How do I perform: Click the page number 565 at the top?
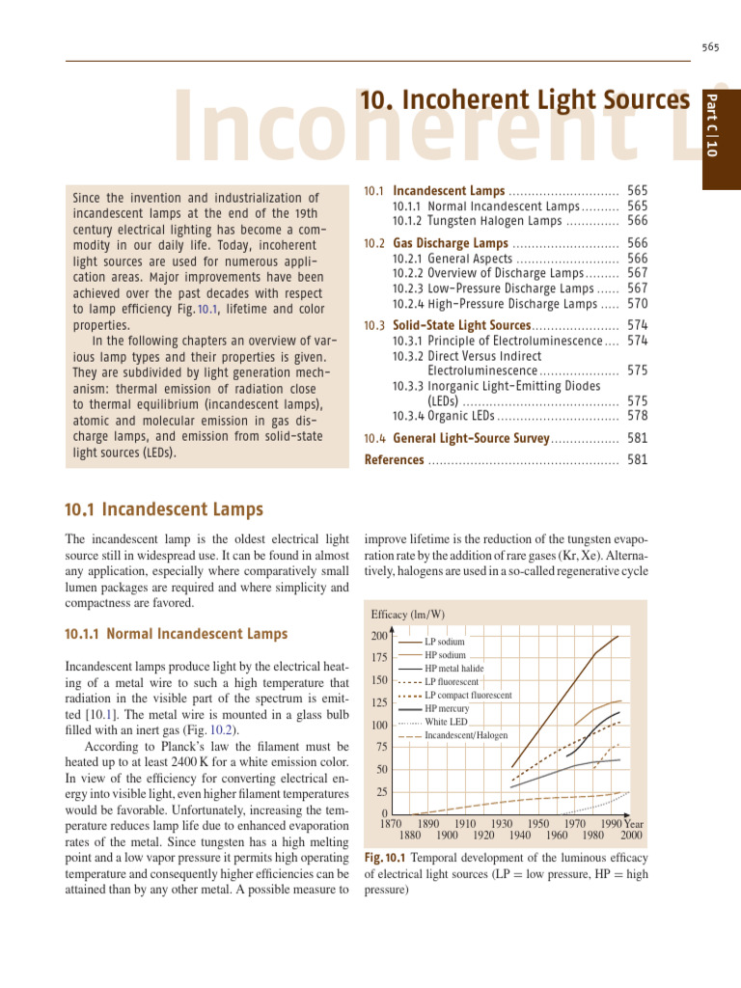click(711, 47)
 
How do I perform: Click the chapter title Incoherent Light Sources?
click(525, 100)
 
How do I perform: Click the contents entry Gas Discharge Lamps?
click(450, 243)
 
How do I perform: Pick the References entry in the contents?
click(394, 460)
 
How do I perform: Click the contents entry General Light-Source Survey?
click(471, 439)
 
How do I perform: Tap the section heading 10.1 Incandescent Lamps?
click(163, 508)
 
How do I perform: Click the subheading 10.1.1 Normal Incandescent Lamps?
click(176, 634)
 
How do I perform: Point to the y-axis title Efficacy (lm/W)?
click(408, 615)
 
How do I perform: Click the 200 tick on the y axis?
click(378, 637)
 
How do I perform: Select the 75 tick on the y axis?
click(380, 747)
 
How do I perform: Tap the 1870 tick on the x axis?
click(391, 824)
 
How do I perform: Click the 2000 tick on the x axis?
click(632, 836)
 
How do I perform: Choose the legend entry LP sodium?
click(444, 642)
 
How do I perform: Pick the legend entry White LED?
click(446, 722)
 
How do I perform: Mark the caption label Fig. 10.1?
click(385, 858)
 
